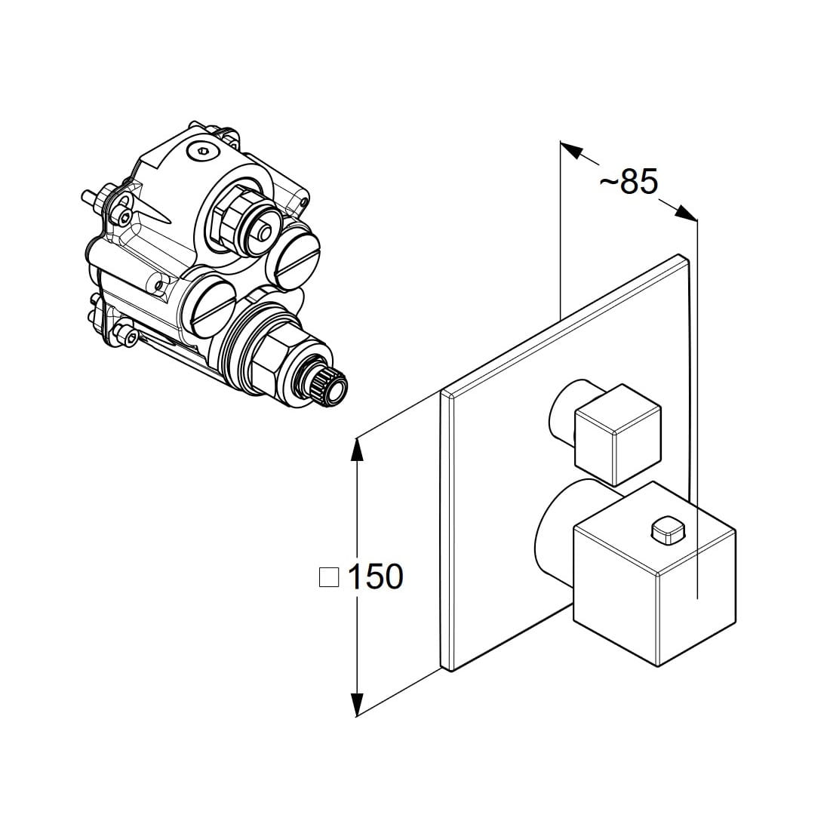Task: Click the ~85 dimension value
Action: pyautogui.click(x=629, y=182)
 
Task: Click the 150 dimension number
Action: pyautogui.click(x=376, y=576)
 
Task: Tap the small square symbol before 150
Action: pyautogui.click(x=329, y=577)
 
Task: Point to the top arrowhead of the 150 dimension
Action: pyautogui.click(x=358, y=449)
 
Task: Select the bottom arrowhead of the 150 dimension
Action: pyautogui.click(x=358, y=704)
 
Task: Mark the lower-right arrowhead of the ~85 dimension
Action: pyautogui.click(x=686, y=212)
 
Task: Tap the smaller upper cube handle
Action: pyautogui.click(x=618, y=435)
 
